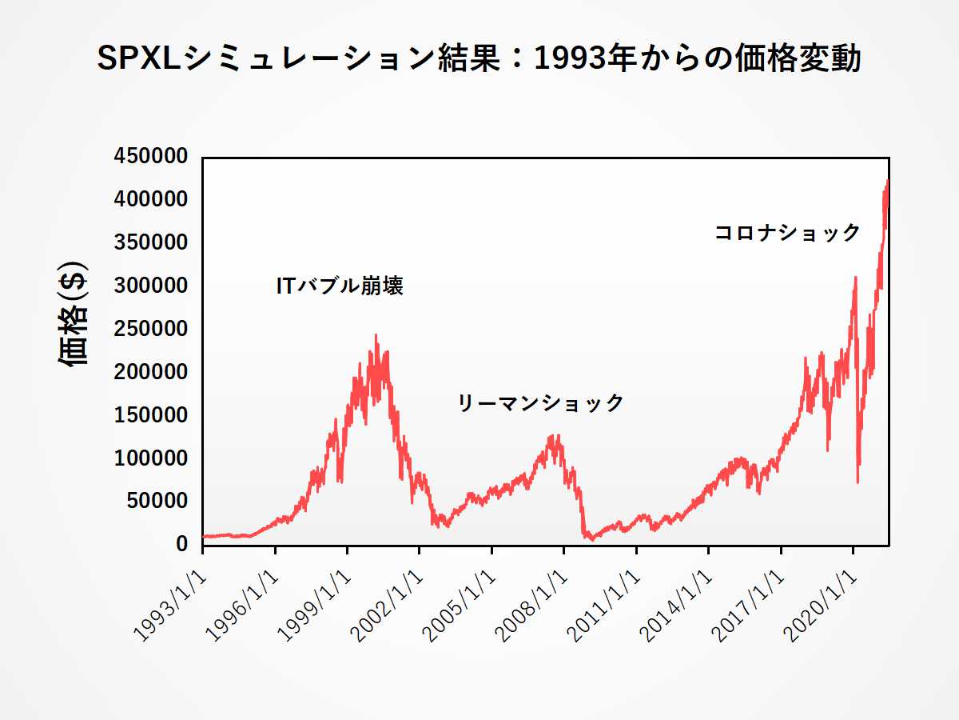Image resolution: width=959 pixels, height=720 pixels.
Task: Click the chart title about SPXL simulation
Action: [479, 59]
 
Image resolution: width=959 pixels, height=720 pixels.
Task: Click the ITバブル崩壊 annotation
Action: [340, 286]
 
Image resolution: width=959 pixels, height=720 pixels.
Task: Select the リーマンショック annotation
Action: [540, 402]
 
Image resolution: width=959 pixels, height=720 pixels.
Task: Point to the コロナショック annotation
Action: [787, 233]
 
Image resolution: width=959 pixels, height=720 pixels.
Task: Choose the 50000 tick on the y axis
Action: [159, 502]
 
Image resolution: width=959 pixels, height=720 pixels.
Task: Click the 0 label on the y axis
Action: [181, 545]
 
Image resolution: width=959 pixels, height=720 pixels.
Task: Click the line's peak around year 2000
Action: [376, 336]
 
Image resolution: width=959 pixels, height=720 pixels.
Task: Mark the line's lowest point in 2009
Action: [591, 540]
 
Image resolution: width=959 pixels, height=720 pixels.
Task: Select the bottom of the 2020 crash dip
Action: [858, 482]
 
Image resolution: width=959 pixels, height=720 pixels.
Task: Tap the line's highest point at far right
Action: [887, 182]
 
